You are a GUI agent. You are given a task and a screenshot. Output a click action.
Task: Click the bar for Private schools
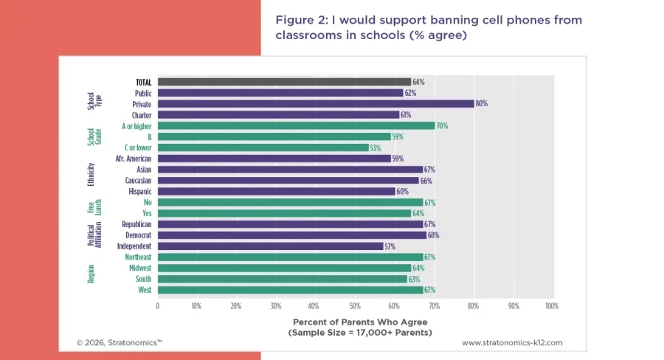pyautogui.click(x=316, y=104)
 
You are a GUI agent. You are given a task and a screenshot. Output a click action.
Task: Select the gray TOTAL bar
pyautogui.click(x=284, y=82)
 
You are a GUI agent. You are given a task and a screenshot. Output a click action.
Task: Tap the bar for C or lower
pyautogui.click(x=263, y=148)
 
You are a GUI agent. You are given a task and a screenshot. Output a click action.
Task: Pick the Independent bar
pyautogui.click(x=270, y=246)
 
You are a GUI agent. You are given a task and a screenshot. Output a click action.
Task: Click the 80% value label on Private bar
pyautogui.click(x=482, y=104)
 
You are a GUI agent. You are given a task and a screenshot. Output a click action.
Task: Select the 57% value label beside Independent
pyautogui.click(x=391, y=246)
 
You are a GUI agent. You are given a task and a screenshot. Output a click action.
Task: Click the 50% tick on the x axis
pyautogui.click(x=354, y=305)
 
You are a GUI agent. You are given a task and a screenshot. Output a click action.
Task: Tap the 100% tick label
pyautogui.click(x=550, y=305)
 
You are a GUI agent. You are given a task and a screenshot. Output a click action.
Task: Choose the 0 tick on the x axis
pyautogui.click(x=157, y=305)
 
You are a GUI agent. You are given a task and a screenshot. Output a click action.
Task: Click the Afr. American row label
pyautogui.click(x=134, y=159)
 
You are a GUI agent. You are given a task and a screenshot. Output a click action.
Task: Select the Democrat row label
pyautogui.click(x=138, y=235)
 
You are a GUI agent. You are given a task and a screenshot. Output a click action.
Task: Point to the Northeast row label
pyautogui.click(x=137, y=257)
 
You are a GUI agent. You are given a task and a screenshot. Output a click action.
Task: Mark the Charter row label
pyautogui.click(x=142, y=115)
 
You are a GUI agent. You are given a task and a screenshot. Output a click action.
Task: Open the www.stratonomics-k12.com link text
pyautogui.click(x=512, y=343)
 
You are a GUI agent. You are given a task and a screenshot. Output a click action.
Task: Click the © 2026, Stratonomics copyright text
pyautogui.click(x=119, y=343)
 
